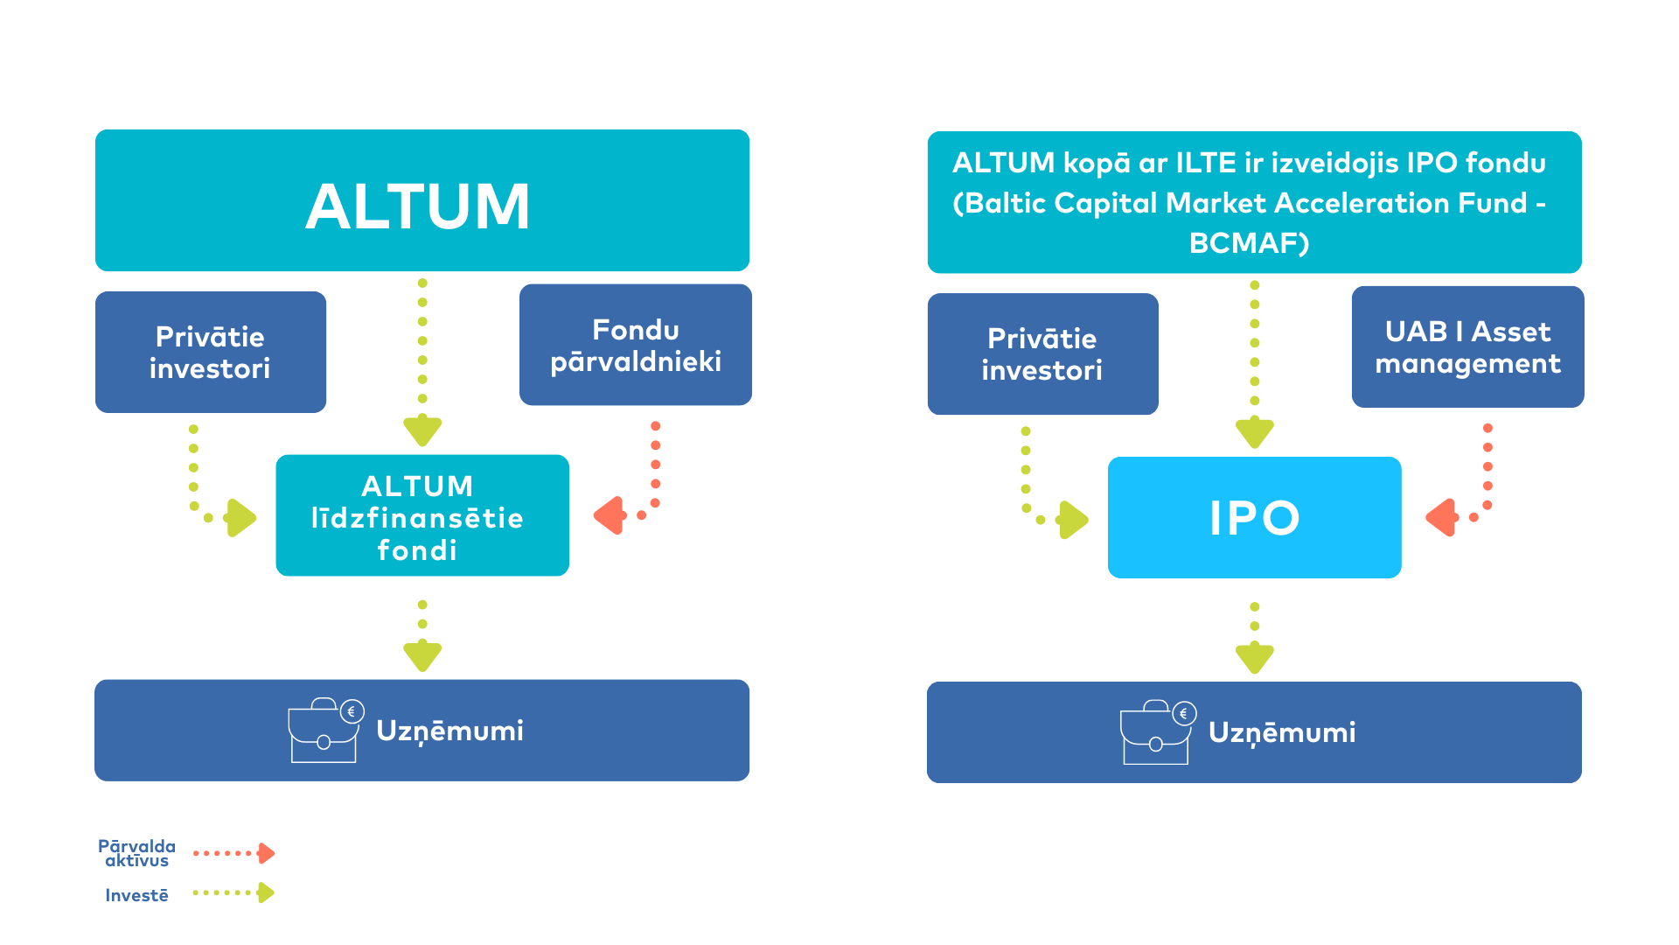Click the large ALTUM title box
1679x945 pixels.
[421, 201]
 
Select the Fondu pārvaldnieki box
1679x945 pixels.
[635, 345]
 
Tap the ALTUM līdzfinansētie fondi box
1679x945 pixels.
[421, 515]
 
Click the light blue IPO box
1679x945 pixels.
[1254, 517]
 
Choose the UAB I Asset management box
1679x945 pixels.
[1467, 346]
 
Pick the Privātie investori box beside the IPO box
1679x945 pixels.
[1042, 353]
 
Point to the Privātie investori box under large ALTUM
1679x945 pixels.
[210, 352]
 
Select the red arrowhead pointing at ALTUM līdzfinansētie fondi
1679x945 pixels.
[610, 515]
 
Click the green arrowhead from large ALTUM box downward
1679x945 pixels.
[422, 430]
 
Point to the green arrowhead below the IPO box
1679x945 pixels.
[1255, 657]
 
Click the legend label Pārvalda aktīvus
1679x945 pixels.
[136, 853]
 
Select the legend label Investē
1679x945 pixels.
[136, 895]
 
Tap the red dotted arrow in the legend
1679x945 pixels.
[233, 853]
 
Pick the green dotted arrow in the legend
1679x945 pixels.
[233, 892]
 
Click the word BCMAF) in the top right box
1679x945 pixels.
[1249, 243]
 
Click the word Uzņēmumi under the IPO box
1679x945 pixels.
[1282, 732]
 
